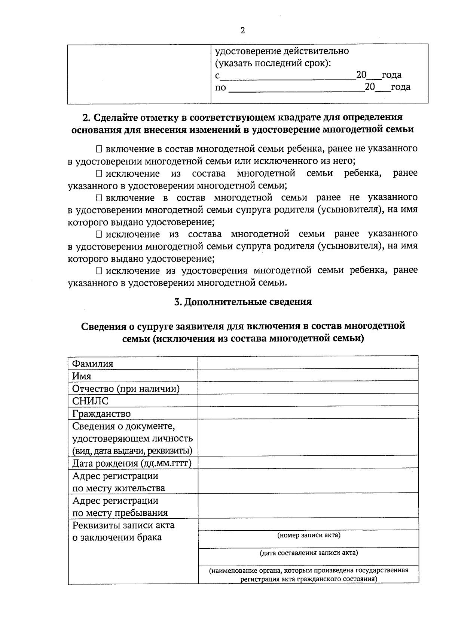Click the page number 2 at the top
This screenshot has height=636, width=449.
point(242,31)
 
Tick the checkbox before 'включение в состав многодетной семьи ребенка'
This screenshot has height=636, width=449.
point(99,149)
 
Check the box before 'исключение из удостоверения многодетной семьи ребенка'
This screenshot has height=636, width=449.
point(99,271)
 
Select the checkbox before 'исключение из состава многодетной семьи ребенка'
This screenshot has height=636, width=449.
point(99,174)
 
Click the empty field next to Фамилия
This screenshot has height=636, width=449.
point(308,363)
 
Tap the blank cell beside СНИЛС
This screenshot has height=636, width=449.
point(308,400)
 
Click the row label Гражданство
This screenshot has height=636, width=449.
point(101,414)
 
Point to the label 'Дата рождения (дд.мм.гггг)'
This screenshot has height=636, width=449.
point(132,463)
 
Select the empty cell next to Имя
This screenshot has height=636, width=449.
point(308,376)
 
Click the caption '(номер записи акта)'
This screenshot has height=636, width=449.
point(309,535)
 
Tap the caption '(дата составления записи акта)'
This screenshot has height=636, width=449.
point(309,553)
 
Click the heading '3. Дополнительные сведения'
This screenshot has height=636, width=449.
point(243,302)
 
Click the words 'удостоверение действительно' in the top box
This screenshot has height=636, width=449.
point(282,51)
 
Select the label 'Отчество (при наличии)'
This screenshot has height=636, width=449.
point(126,389)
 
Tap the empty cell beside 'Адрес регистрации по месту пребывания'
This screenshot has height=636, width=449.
point(308,506)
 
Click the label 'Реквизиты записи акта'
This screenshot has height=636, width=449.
point(123,525)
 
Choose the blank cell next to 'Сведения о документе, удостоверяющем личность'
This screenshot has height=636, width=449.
point(308,437)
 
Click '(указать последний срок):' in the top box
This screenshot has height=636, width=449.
point(273,63)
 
